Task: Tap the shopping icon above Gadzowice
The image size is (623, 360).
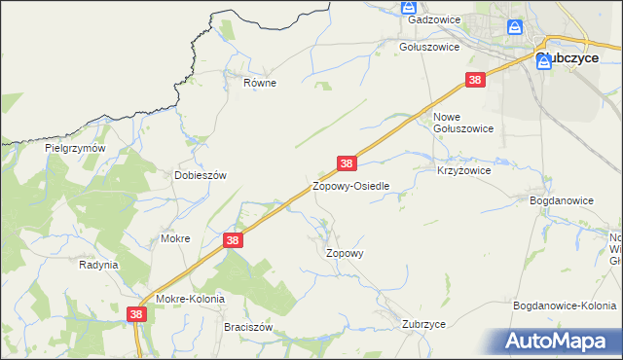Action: pyautogui.click(x=409, y=7)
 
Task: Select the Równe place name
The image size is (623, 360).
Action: pyautogui.click(x=260, y=83)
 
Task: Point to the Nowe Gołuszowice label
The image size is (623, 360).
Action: pyautogui.click(x=462, y=128)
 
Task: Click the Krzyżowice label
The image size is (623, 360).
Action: pyautogui.click(x=463, y=169)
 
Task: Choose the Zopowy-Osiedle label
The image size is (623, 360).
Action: pyautogui.click(x=350, y=185)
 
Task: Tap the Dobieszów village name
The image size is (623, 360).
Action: pyautogui.click(x=200, y=175)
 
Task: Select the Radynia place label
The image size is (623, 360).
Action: pyautogui.click(x=98, y=264)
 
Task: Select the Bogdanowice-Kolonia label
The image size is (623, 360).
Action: pyautogui.click(x=565, y=306)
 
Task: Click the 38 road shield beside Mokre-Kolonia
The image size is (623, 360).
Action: pyautogui.click(x=136, y=314)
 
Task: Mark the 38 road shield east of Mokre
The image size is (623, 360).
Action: pyautogui.click(x=232, y=239)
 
